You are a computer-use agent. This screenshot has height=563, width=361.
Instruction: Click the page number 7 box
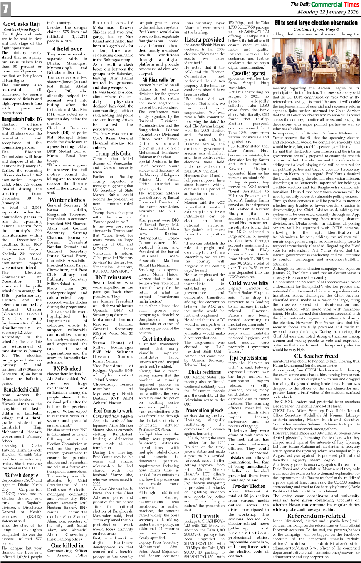(x=5, y=9)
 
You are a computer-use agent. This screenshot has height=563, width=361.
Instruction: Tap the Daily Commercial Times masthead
(x=324, y=4)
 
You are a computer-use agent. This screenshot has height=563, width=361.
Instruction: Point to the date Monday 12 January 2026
(x=328, y=12)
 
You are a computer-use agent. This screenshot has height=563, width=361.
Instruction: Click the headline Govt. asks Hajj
(x=22, y=24)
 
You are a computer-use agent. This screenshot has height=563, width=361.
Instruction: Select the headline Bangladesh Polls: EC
(x=22, y=119)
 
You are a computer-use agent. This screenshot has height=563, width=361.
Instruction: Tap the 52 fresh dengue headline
(x=22, y=475)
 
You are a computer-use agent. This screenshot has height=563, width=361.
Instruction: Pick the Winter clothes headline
(x=67, y=200)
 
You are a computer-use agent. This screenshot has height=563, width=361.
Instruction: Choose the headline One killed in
(x=67, y=545)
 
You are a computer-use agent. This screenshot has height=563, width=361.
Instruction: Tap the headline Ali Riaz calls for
(x=158, y=80)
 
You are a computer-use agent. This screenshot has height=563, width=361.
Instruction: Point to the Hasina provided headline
(x=204, y=39)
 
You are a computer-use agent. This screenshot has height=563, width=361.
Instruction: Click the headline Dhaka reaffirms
(x=204, y=372)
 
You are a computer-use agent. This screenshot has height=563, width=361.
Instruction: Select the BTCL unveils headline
(x=204, y=516)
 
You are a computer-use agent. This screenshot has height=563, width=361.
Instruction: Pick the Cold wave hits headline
(x=249, y=282)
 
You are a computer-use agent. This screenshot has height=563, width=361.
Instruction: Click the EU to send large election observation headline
(x=316, y=23)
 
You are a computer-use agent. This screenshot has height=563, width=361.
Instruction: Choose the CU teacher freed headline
(x=316, y=356)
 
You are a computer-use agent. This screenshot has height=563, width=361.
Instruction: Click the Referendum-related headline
(x=316, y=515)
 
